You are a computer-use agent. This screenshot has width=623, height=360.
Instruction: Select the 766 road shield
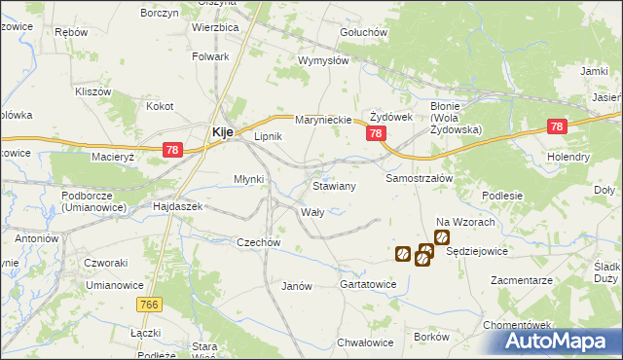(x=148, y=306)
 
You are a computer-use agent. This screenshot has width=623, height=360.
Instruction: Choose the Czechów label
(x=259, y=242)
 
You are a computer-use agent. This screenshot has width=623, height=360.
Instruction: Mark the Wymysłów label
(x=323, y=60)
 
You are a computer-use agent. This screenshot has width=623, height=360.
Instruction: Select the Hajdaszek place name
(x=177, y=207)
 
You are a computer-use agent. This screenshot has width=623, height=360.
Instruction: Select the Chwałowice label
(x=365, y=342)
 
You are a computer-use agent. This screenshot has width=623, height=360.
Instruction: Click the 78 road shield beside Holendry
(x=557, y=126)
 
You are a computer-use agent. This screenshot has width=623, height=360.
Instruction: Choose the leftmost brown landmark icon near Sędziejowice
(x=403, y=254)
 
